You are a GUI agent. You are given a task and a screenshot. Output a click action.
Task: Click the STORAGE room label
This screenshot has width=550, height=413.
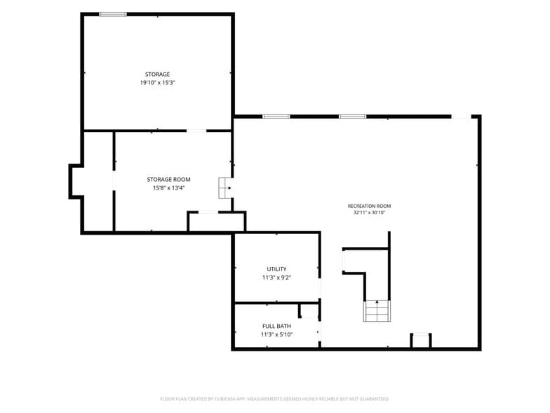pyautogui.click(x=157, y=74)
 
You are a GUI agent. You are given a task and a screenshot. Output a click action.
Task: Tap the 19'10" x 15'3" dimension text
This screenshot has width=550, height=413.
pyautogui.click(x=157, y=83)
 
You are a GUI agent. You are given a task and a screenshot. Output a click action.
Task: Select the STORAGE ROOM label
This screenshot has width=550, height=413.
pyautogui.click(x=168, y=180)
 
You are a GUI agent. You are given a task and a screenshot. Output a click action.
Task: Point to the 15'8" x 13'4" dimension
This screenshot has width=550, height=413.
pyautogui.click(x=168, y=188)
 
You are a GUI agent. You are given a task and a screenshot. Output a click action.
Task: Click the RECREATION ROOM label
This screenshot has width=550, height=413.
pyautogui.click(x=369, y=206)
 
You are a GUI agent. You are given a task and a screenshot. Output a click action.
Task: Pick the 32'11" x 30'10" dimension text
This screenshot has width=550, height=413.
pyautogui.click(x=369, y=212)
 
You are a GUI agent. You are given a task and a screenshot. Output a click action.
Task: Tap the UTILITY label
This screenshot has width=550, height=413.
pyautogui.click(x=276, y=269)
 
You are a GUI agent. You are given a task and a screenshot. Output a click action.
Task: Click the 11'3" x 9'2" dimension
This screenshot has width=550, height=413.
pyautogui.click(x=276, y=277)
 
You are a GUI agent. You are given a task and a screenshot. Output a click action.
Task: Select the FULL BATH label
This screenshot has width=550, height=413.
pyautogui.click(x=276, y=326)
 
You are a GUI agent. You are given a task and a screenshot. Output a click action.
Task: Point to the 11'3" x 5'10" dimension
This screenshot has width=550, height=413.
pyautogui.click(x=276, y=334)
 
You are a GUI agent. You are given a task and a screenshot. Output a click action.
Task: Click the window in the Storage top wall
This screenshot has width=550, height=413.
pyautogui.click(x=113, y=14)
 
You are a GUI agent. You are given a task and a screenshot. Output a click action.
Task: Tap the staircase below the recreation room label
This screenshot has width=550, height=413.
pyautogui.click(x=377, y=310)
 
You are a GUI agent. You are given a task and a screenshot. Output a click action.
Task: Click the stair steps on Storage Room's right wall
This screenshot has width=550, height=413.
pyautogui.click(x=224, y=188)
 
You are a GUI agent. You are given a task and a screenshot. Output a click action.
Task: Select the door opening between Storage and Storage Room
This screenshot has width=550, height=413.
pyautogui.click(x=196, y=131)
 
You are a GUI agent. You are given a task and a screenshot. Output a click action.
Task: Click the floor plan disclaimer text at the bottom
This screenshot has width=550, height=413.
pyautogui.click(x=275, y=399)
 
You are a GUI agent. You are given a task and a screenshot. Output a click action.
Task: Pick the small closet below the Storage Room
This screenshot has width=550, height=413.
pyautogui.click(x=217, y=222)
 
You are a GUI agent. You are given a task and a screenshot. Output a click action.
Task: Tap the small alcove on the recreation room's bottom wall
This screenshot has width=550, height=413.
pyautogui.click(x=421, y=340)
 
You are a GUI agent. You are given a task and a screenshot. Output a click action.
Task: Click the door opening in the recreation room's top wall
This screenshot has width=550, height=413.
pyautogui.click(x=461, y=117)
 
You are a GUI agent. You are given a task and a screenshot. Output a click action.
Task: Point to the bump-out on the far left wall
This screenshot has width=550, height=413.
pyautogui.click(x=76, y=181)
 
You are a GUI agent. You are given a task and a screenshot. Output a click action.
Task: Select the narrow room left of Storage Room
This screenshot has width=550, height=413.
pyautogui.click(x=98, y=181)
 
